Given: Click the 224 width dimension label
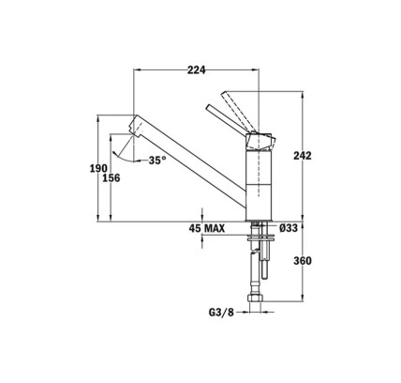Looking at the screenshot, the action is tap(197, 70).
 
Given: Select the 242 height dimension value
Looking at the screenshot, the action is tap(303, 156).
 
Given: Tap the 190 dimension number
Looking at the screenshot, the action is tap(98, 169).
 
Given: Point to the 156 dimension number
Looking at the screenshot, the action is tap(111, 178).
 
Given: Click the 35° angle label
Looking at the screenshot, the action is tap(157, 161).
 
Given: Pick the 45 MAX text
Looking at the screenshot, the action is tap(207, 228).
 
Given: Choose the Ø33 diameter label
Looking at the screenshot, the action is tap(289, 228).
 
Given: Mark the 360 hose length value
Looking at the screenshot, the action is tap(303, 260).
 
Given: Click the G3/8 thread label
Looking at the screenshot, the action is tap(221, 313).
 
